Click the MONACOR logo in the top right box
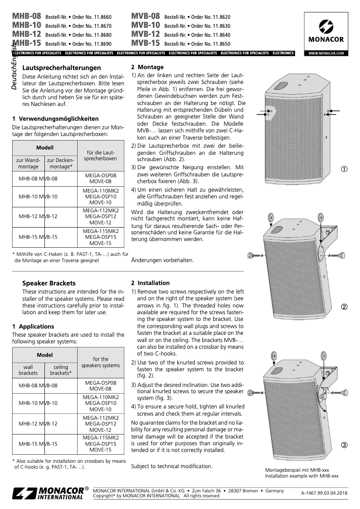click(326, 31)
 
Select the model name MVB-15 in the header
click(145, 44)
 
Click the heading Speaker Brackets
click(49, 283)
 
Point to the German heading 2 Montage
click(147, 67)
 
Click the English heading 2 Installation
click(150, 283)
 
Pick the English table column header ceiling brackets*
click(61, 370)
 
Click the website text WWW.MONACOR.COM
click(326, 53)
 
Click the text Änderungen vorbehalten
click(162, 260)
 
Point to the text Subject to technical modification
click(171, 466)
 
